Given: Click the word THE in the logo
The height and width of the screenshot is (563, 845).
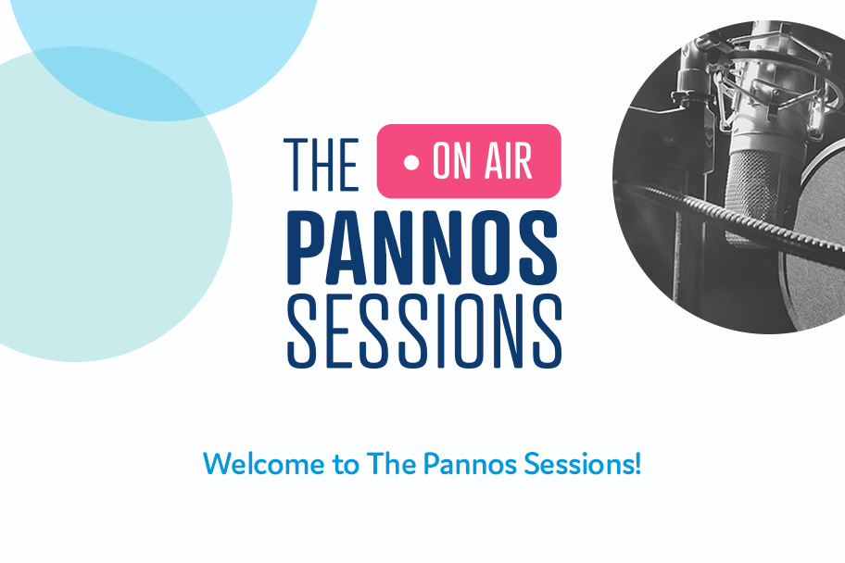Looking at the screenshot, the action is (x=322, y=164).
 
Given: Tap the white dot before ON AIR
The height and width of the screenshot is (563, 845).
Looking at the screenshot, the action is (x=411, y=162).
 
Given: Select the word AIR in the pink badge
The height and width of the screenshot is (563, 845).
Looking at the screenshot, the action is (x=508, y=161).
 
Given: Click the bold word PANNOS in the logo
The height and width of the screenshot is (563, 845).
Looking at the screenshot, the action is (x=422, y=247).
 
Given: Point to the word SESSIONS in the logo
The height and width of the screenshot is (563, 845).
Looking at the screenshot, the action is (x=424, y=332).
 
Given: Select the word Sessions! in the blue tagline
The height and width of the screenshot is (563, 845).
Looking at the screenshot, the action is (x=583, y=464).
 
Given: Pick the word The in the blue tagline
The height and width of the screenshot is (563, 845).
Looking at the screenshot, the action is (x=391, y=464).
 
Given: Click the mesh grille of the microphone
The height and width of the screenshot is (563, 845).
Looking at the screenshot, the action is (x=752, y=194).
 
